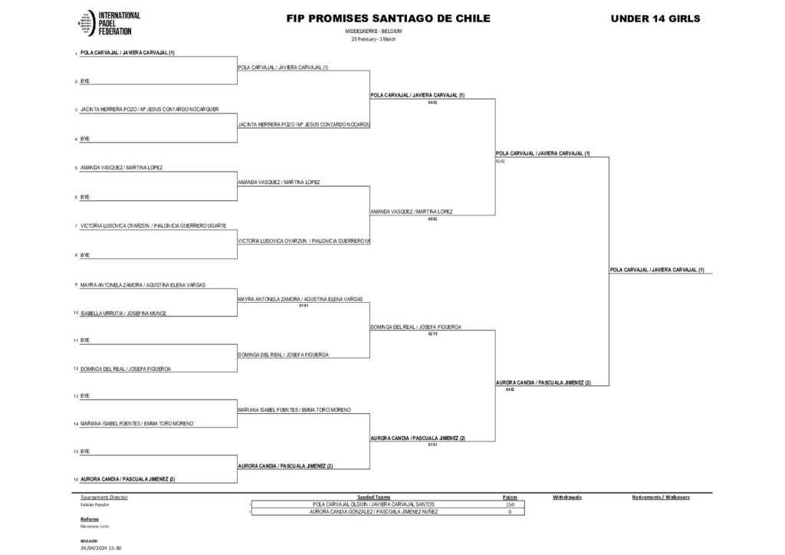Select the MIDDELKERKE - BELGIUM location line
[x=373, y=31]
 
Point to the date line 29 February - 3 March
[x=373, y=39]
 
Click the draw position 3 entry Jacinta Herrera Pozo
[x=149, y=110]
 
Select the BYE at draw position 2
[x=85, y=80]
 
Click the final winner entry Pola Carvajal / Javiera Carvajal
[x=657, y=270]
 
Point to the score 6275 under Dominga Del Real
[x=432, y=334]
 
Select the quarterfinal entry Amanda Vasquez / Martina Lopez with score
[x=411, y=212]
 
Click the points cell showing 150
[x=509, y=504]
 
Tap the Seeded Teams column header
[x=374, y=498]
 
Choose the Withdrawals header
[x=567, y=498]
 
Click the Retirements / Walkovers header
[x=661, y=498]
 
